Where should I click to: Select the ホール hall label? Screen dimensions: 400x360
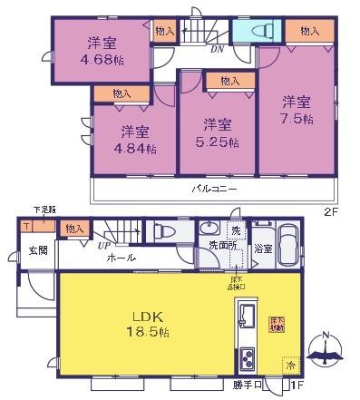[x=122, y=259]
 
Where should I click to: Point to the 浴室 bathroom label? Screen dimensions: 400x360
[x=263, y=246]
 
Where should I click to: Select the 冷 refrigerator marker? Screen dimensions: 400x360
[x=291, y=366]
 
